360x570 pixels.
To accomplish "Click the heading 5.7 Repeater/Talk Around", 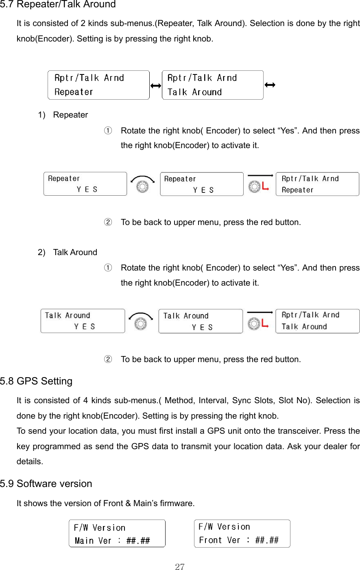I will (58, 5).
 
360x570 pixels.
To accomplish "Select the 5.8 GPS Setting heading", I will (36, 381).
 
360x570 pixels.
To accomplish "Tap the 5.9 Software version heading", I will (46, 484).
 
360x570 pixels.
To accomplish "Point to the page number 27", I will (180, 567).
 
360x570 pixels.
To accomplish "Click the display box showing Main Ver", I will (117, 533).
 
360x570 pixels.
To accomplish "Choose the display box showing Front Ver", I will (242, 533).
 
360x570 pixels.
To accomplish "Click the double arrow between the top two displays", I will (156, 85).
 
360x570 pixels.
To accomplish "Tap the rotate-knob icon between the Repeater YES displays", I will (142, 184).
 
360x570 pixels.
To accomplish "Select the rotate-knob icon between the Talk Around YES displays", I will (141, 321).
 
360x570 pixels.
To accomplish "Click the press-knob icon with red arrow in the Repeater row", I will (259, 184).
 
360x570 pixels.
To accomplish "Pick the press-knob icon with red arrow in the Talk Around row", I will (259, 321).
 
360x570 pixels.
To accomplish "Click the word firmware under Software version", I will (177, 503).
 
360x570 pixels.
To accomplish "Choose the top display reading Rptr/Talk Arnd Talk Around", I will (212, 85).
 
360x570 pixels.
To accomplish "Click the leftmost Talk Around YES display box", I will (83, 321).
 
